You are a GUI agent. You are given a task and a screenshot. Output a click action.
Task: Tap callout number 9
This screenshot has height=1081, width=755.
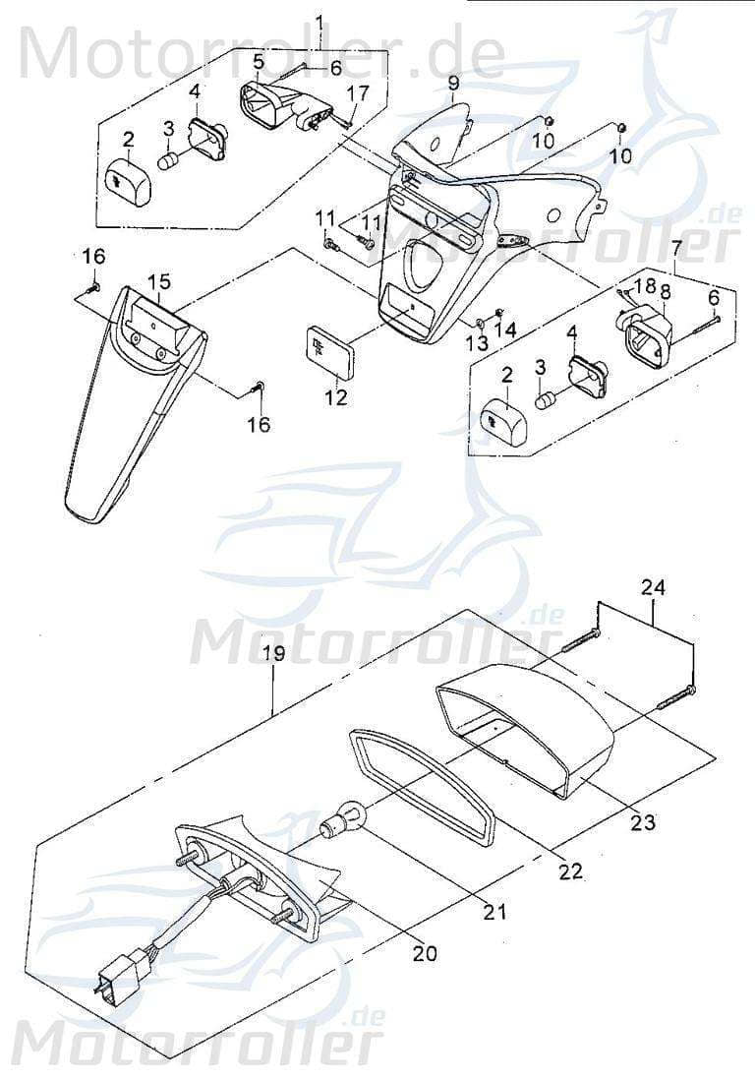[453, 83]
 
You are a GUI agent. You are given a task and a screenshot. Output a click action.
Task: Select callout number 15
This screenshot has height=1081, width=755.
[159, 281]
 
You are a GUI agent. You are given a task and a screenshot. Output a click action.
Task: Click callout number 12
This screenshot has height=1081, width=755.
[336, 397]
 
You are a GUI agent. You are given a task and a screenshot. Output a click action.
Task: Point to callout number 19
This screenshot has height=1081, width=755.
[274, 654]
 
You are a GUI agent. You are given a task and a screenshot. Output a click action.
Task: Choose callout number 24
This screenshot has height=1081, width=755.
[653, 588]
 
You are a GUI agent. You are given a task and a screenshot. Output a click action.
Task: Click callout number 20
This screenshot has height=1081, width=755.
[426, 952]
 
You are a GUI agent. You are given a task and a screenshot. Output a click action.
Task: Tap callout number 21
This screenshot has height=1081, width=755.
[495, 912]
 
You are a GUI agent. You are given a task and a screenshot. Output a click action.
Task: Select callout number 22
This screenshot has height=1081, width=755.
[570, 871]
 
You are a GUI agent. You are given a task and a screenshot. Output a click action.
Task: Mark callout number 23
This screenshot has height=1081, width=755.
[643, 822]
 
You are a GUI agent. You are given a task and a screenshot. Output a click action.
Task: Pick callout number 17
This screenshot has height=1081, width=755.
[359, 93]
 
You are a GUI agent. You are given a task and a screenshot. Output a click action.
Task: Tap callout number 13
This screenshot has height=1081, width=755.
[476, 343]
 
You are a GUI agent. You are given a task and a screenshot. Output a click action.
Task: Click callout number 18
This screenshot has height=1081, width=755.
[644, 286]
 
